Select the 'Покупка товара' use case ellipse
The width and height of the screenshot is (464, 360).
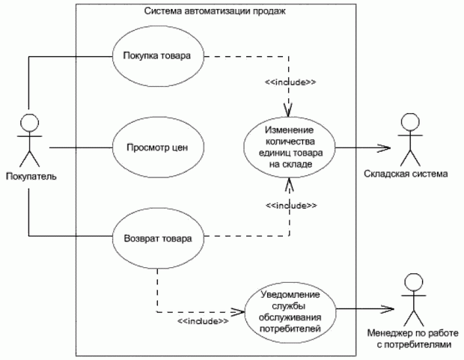point(156,56)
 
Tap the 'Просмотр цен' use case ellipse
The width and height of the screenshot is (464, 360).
point(156,147)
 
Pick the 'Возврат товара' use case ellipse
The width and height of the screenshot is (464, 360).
point(156,240)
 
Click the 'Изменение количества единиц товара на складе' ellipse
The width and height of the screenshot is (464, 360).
point(289,147)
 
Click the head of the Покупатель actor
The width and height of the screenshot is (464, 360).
point(29,123)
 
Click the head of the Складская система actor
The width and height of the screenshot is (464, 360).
point(409,121)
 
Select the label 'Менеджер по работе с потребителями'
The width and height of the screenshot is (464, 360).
point(410,339)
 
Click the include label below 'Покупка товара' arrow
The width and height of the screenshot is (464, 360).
point(289,81)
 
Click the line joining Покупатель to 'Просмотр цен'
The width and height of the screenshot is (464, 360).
point(79,147)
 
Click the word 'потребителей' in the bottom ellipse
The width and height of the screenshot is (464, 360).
point(292,329)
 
